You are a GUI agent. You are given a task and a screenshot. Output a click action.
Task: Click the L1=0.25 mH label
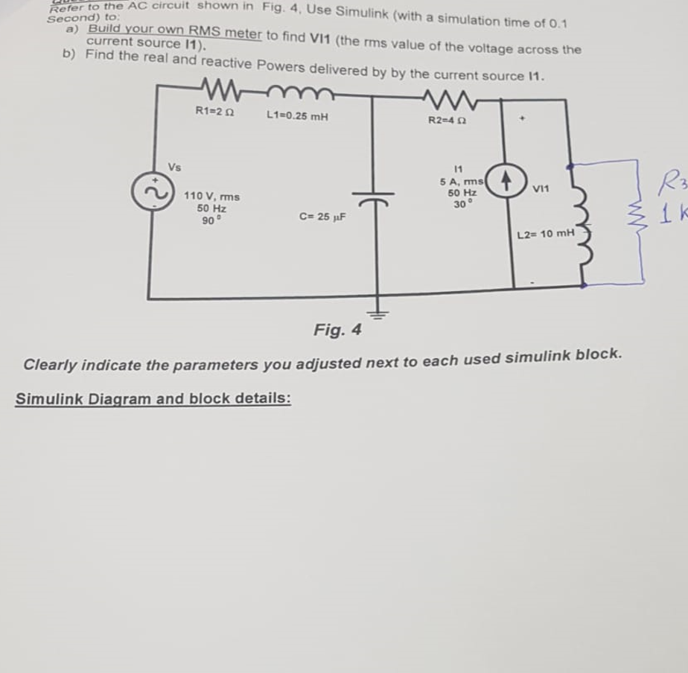tap(296, 116)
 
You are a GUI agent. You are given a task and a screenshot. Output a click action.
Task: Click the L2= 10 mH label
tap(546, 235)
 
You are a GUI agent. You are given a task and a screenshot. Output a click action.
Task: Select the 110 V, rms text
tap(211, 196)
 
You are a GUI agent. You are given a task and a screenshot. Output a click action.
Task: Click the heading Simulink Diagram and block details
tap(153, 398)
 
